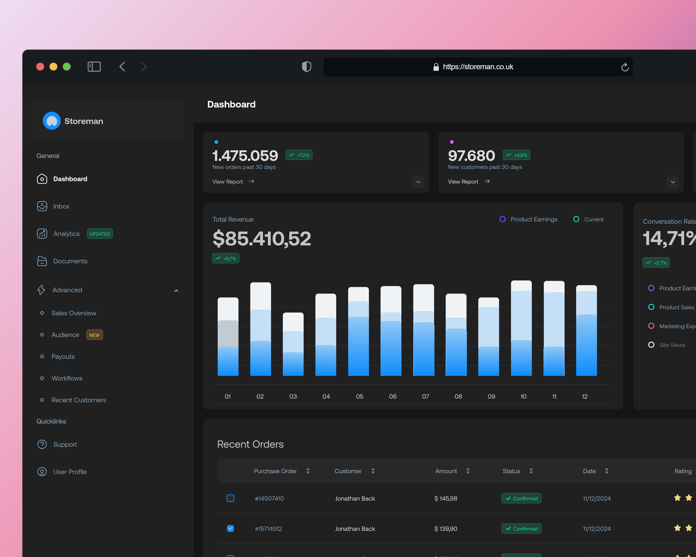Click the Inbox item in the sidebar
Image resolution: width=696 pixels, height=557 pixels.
tap(61, 206)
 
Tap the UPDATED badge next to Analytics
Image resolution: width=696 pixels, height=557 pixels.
tap(100, 234)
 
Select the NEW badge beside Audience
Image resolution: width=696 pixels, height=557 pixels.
tap(94, 335)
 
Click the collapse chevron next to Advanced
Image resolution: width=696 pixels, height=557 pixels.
tap(176, 291)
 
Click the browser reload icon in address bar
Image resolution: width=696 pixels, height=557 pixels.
tap(625, 67)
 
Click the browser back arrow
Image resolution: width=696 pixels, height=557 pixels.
tap(122, 67)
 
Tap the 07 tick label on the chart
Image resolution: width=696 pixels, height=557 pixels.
tap(426, 396)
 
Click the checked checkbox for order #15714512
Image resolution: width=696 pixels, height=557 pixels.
tap(230, 529)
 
